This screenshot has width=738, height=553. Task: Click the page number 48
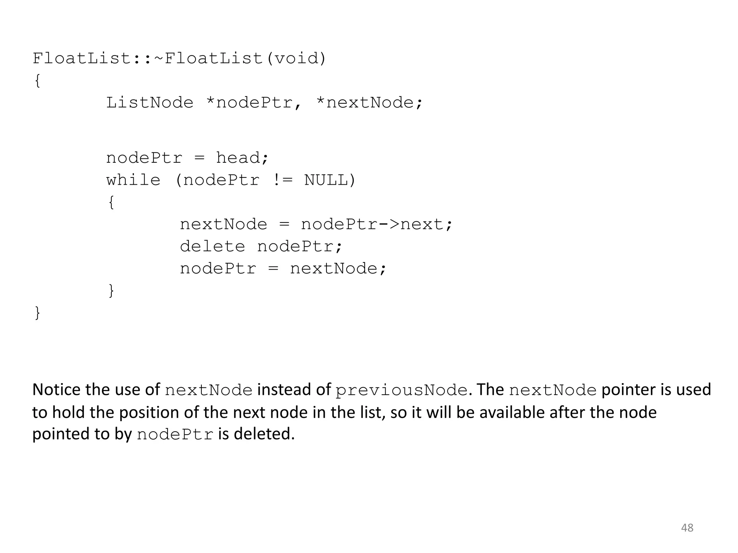(687, 528)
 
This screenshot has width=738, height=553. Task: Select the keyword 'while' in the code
(133, 180)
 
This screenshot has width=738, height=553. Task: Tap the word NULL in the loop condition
(326, 180)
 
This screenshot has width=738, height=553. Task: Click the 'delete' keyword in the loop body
(212, 247)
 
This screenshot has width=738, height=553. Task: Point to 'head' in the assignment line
(242, 158)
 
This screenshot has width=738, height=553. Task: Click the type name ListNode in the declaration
(150, 103)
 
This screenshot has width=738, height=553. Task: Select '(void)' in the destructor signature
(296, 58)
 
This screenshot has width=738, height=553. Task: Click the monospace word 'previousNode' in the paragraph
(401, 391)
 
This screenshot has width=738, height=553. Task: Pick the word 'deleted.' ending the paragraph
(264, 434)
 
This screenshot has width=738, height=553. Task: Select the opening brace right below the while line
(111, 202)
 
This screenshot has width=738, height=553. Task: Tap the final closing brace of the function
(37, 313)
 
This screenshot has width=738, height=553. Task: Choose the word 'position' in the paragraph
(149, 413)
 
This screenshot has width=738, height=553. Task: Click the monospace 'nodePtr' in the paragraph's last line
(175, 435)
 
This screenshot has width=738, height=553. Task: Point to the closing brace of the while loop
(111, 291)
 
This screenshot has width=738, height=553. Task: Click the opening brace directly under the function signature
(37, 81)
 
